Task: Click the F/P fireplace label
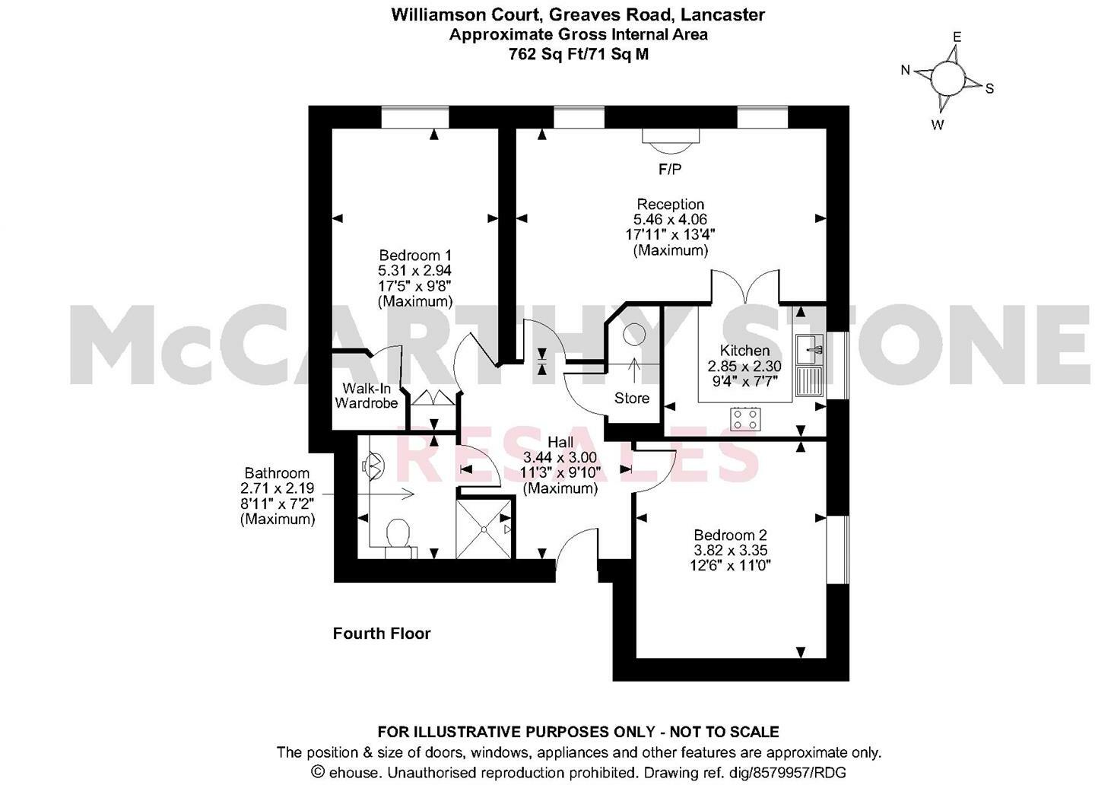[x=670, y=170]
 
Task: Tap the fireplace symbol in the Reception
[x=670, y=138]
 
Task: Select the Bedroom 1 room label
[x=415, y=255]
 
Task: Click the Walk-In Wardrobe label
[x=367, y=396]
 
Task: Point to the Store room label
[x=632, y=398]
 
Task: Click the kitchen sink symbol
[x=809, y=350]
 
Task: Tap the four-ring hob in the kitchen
[x=745, y=418]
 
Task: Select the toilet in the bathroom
[x=398, y=535]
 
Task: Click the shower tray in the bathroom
[x=484, y=527]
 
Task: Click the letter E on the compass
[x=957, y=37]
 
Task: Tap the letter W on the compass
[x=938, y=126]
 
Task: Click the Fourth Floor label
[x=382, y=634]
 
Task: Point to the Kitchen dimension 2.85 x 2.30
[x=744, y=366]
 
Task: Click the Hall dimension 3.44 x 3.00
[x=560, y=458]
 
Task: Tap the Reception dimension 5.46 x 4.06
[x=670, y=220]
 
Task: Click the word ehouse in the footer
[x=354, y=772]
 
